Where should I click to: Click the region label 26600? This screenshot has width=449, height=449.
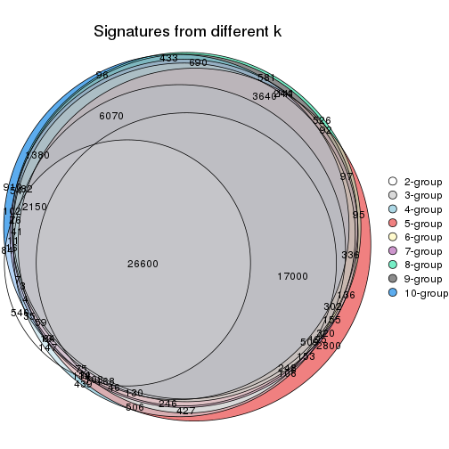(x=143, y=264)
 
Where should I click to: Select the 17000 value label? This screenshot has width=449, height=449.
(x=292, y=276)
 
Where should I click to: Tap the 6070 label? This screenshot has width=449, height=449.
(x=111, y=116)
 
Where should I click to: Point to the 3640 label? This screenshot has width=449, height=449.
(x=265, y=96)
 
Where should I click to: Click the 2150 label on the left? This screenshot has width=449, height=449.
(x=35, y=207)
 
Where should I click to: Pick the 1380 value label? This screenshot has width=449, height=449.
(x=37, y=155)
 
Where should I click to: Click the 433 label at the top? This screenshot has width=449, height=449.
(x=168, y=58)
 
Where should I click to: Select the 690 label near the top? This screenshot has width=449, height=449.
(x=198, y=63)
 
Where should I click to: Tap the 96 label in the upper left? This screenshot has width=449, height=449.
(x=102, y=75)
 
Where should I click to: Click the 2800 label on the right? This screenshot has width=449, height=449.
(x=328, y=346)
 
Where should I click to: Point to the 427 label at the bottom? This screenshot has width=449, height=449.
(x=186, y=411)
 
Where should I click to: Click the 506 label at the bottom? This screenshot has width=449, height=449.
(x=135, y=407)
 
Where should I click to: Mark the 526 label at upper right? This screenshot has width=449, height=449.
(x=322, y=120)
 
